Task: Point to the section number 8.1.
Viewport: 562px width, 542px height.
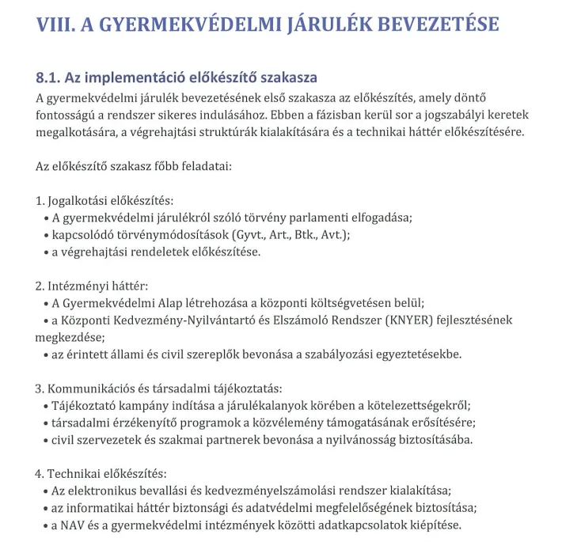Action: point(50,78)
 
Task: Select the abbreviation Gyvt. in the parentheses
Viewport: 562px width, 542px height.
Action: point(249,235)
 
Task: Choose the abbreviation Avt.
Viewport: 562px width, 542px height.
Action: point(333,235)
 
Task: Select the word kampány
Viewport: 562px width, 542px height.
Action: point(140,405)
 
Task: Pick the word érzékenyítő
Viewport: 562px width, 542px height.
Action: point(145,423)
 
